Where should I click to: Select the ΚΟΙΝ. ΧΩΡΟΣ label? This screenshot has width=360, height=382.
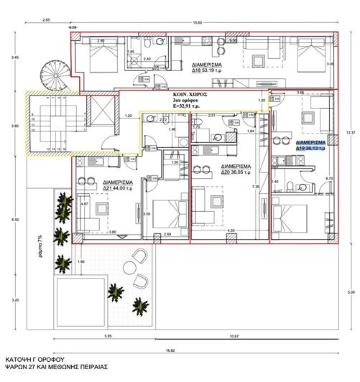(190, 94)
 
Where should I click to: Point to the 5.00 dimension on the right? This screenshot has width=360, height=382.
(350, 293)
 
